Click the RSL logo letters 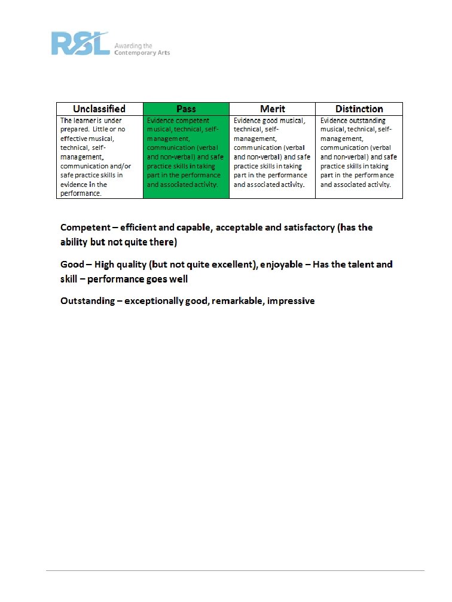[80, 44]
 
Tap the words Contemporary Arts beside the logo [142, 53]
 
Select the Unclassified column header [99, 109]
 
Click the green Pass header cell [186, 109]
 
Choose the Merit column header [273, 109]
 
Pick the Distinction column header [359, 109]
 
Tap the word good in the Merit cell [270, 120]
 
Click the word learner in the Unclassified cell [84, 120]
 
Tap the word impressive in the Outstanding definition [291, 300]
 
